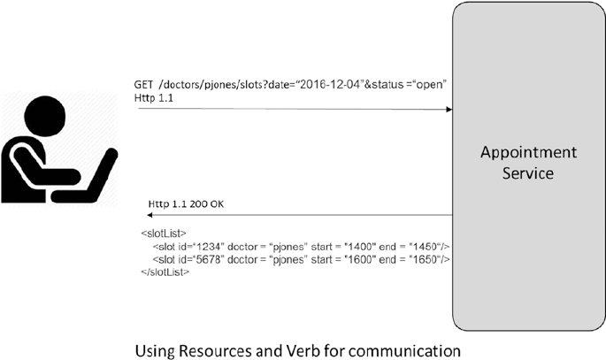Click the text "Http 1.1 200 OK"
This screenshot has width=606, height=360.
coord(187,205)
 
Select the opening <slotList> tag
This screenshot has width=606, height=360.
coord(160,234)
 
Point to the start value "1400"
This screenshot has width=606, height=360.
coord(351,246)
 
